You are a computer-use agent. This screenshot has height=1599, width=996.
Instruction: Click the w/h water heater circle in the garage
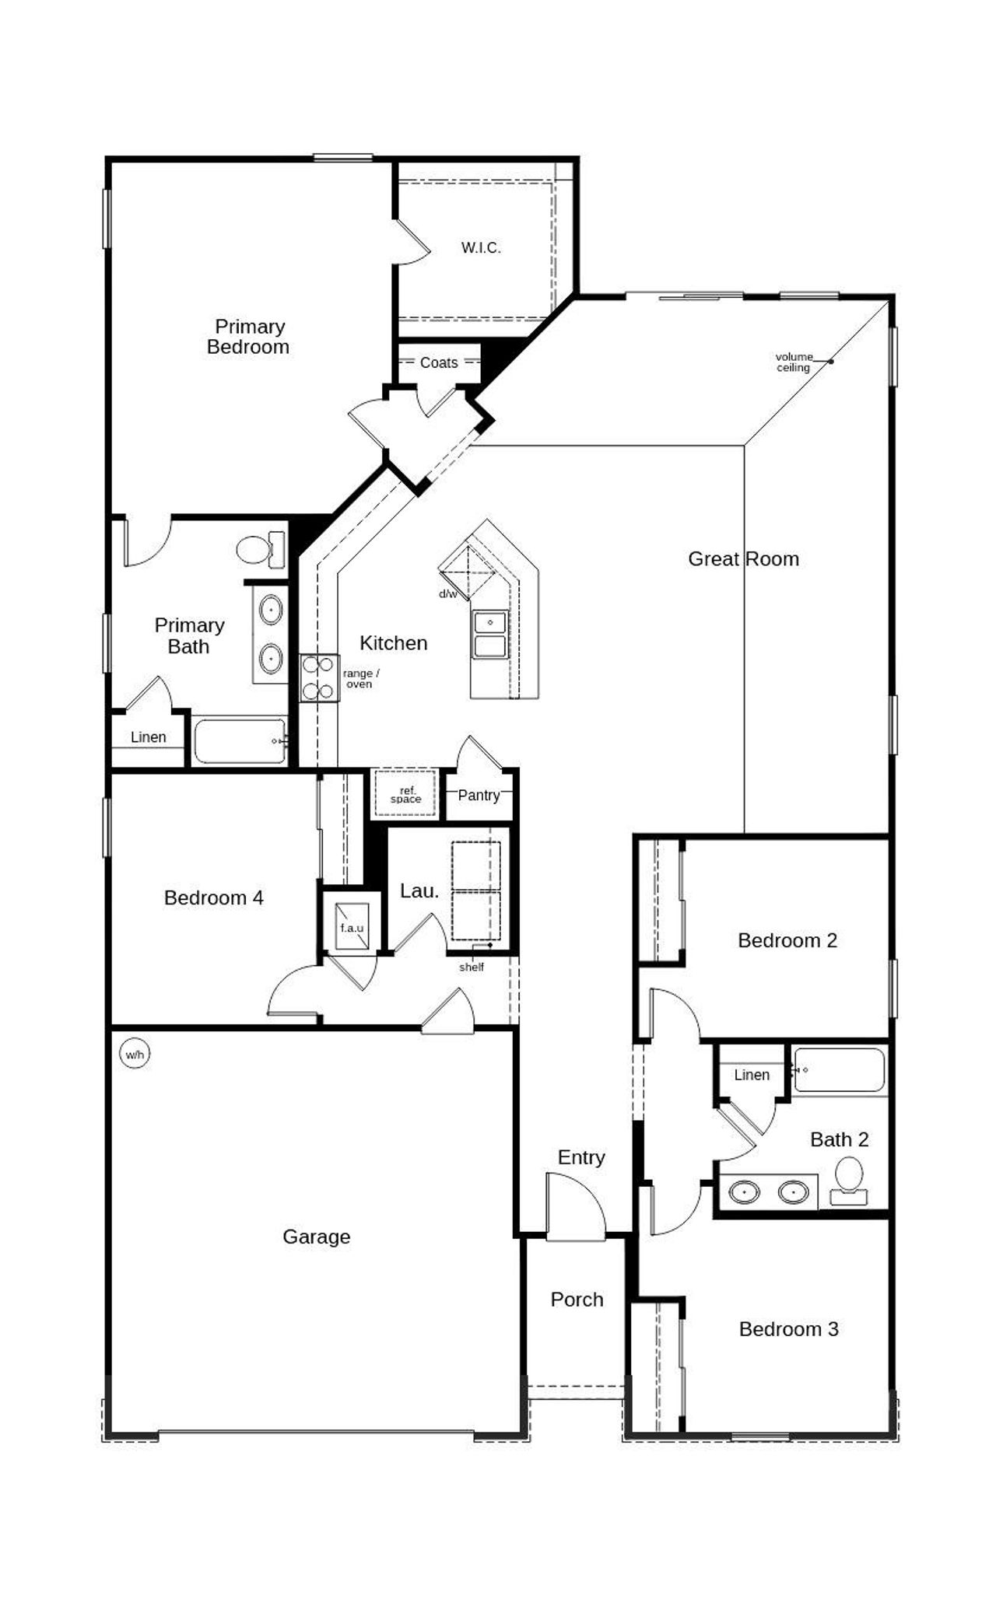135,1055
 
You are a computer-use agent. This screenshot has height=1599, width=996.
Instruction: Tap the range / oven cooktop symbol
320,678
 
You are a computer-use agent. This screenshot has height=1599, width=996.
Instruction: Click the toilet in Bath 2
849,1180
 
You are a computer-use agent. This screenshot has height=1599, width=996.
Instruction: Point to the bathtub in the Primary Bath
240,741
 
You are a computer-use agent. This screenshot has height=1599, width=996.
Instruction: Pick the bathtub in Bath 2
840,1070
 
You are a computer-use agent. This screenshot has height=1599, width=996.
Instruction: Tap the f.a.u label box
352,928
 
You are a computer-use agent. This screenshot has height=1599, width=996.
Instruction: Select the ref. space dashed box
405,794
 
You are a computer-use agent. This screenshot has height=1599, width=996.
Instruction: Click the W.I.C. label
481,248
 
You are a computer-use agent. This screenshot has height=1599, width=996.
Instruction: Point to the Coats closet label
439,362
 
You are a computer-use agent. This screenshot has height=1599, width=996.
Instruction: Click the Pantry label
478,795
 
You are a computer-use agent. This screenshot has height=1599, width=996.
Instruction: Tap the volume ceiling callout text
794,362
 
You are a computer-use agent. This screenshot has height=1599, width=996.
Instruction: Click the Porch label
577,1300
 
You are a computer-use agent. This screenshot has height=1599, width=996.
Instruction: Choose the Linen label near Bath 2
752,1075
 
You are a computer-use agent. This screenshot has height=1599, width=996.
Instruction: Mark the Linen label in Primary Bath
148,737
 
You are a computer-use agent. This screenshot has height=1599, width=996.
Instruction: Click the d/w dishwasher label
447,594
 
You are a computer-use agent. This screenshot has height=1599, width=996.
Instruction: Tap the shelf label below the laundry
472,967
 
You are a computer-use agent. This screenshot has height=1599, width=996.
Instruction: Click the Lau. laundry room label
419,891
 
